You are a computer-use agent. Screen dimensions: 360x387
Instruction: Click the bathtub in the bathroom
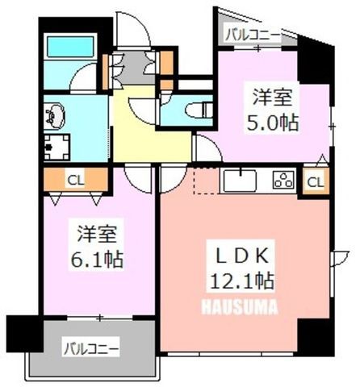pyautogui.click(x=71, y=47)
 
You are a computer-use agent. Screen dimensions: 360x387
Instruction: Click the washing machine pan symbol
pyautogui.click(x=57, y=147)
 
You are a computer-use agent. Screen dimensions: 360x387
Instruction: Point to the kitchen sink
pyautogui.click(x=240, y=181)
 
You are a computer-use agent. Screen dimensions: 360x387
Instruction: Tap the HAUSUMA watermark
pyautogui.click(x=239, y=307)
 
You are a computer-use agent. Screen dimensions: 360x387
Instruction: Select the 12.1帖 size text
pyautogui.click(x=241, y=281)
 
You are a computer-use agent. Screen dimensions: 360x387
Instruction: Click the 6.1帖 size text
pyautogui.click(x=97, y=260)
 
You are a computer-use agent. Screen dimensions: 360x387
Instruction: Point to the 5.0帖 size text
pyautogui.click(x=272, y=123)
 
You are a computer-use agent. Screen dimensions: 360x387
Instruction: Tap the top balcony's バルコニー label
pyautogui.click(x=253, y=35)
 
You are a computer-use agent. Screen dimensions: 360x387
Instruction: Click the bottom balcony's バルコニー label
pyautogui.click(x=91, y=349)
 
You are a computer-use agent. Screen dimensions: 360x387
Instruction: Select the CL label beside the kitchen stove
pyautogui.click(x=316, y=183)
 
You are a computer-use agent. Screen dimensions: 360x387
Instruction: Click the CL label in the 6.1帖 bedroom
pyautogui.click(x=76, y=180)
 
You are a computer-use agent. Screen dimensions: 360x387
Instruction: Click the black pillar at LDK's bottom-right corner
pyautogui.click(x=316, y=337)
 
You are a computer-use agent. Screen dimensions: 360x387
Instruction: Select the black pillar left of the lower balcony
pyautogui.click(x=25, y=333)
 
